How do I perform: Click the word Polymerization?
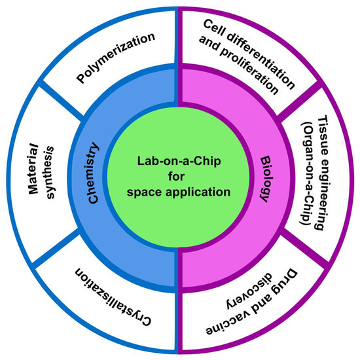[x=117, y=58]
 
